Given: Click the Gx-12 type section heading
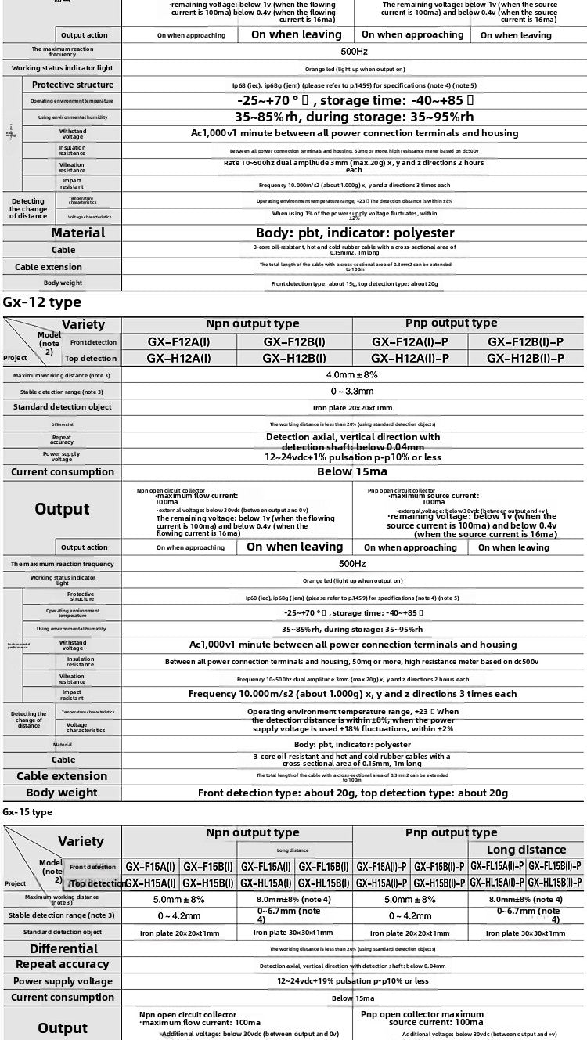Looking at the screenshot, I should [x=41, y=302].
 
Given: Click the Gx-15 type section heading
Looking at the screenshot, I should [x=27, y=812].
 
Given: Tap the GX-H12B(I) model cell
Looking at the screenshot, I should [x=294, y=358].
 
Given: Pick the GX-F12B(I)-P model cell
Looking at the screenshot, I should [x=526, y=341].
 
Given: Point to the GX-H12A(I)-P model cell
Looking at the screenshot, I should [x=410, y=358].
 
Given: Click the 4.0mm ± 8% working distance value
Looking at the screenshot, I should [x=352, y=375].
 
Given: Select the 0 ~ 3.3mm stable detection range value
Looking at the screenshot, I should [x=352, y=390].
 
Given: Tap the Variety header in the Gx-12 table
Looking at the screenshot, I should [x=83, y=324].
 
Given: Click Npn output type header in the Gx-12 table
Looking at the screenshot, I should [x=252, y=323].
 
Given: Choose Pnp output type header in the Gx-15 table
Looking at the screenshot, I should [x=451, y=832].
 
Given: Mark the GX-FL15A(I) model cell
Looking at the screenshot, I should [x=266, y=866].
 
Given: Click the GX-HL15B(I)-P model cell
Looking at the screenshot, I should [x=554, y=883].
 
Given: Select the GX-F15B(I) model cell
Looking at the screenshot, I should [x=207, y=866].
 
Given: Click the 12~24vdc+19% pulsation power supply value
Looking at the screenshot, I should [x=352, y=980].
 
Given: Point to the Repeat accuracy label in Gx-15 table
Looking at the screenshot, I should [x=62, y=964].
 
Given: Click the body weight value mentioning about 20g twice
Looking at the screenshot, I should [x=352, y=793].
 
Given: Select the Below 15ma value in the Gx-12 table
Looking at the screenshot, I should [x=352, y=471].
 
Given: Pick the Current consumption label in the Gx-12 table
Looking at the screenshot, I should [x=62, y=471].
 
